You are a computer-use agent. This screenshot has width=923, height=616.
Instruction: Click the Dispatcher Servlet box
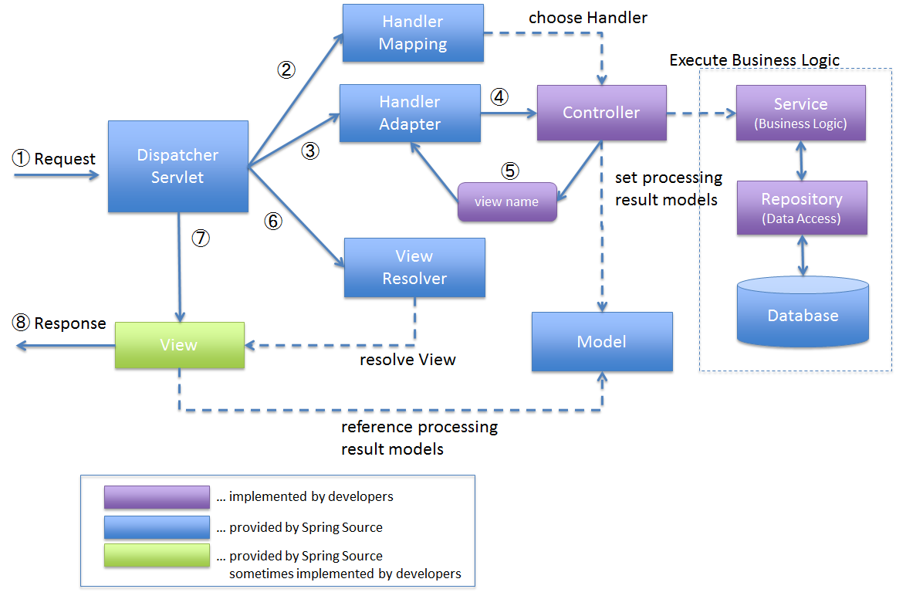[178, 166]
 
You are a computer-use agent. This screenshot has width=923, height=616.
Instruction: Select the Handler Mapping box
[413, 33]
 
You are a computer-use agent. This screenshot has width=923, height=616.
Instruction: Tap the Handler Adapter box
[410, 113]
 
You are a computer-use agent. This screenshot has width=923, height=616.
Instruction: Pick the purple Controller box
[601, 113]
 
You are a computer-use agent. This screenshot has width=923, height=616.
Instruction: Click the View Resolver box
[414, 267]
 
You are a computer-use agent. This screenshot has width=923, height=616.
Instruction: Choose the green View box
[179, 345]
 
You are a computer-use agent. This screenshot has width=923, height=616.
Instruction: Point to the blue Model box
[602, 342]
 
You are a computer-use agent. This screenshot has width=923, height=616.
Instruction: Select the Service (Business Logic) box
[800, 113]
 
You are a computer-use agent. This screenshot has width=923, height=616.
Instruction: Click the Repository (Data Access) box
[802, 208]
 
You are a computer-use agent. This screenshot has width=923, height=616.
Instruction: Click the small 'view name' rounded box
[507, 201]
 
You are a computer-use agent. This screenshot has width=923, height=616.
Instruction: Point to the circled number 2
[286, 70]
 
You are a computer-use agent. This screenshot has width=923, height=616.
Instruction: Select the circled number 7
[201, 238]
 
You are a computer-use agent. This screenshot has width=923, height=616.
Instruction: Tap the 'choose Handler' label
[588, 17]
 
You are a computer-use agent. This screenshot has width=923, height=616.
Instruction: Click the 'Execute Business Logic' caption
[754, 60]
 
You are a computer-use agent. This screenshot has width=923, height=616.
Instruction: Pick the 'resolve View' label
[407, 359]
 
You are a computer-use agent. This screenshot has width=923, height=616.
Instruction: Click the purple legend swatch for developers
[157, 497]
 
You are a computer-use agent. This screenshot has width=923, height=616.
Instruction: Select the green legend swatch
[157, 556]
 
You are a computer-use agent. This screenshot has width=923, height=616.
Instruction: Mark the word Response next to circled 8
[70, 323]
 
